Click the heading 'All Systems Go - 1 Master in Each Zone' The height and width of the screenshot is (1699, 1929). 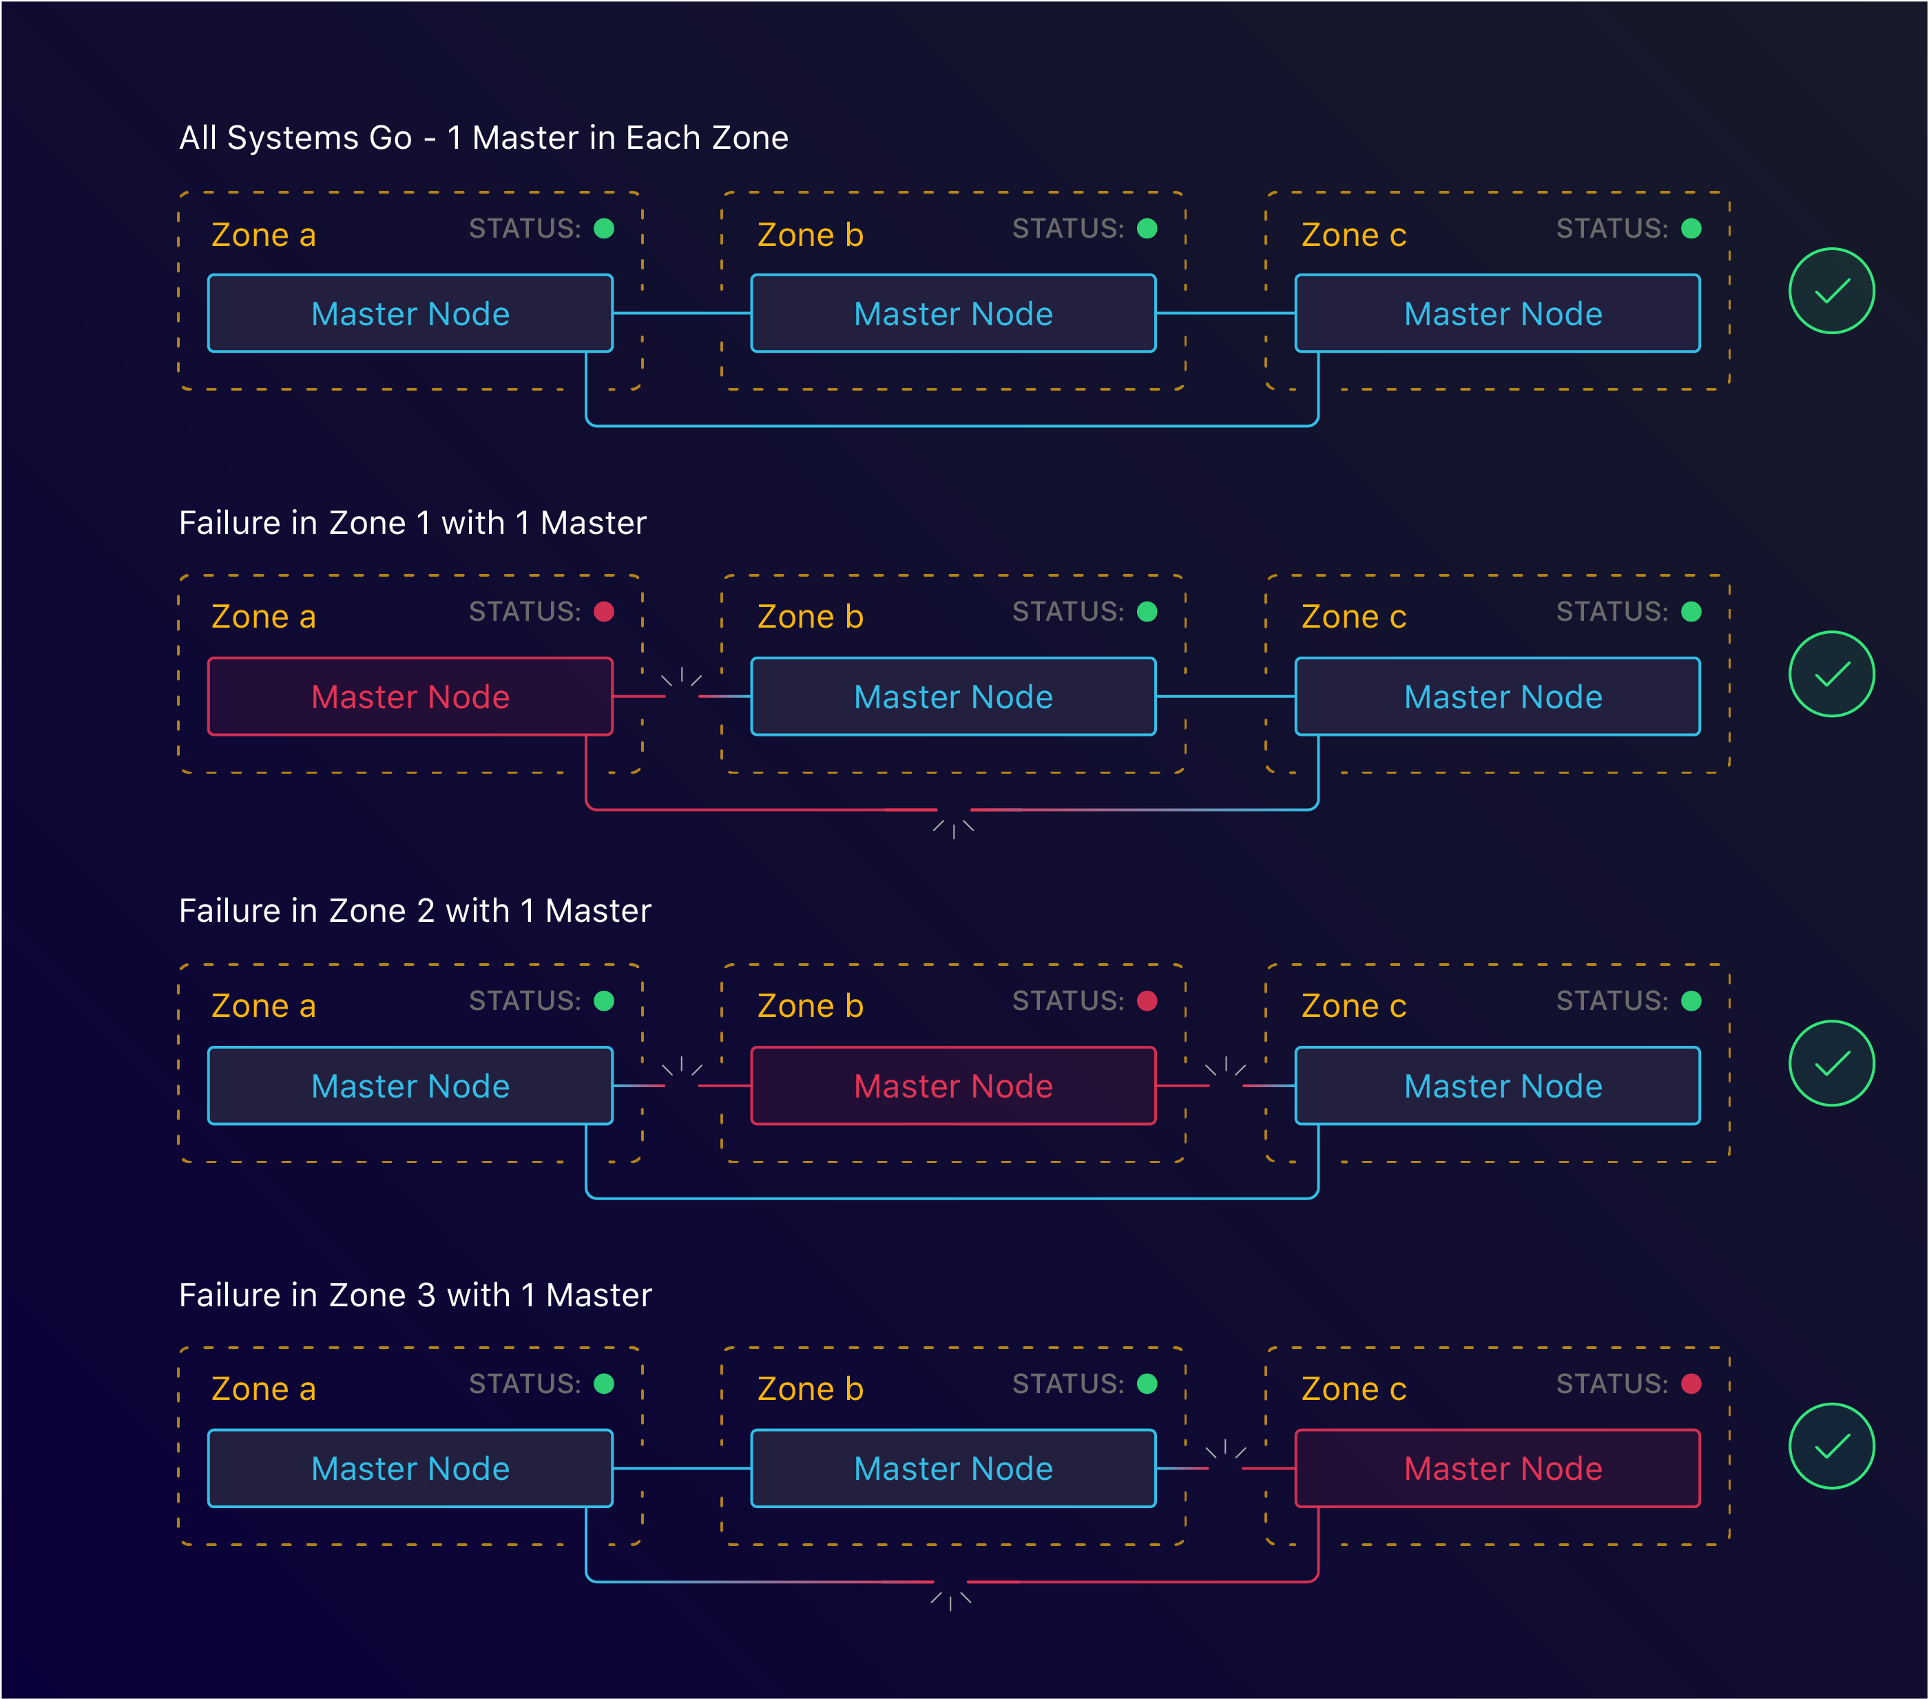coord(483,138)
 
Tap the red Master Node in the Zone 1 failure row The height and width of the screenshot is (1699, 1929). coord(410,697)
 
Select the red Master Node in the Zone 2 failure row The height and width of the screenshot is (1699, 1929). coord(953,1086)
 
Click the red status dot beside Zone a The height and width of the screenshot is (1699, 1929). coord(604,612)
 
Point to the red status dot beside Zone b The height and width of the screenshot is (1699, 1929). coord(1147,1000)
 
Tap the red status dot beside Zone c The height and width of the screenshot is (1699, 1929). coord(1691,1383)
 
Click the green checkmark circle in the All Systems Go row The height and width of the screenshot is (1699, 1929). coord(1831,291)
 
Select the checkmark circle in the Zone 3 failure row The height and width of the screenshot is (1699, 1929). coord(1831,1446)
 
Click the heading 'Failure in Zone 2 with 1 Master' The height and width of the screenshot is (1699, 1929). coord(415,911)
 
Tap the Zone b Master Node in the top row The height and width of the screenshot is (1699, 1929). coord(953,313)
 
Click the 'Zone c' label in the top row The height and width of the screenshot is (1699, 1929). coord(1353,235)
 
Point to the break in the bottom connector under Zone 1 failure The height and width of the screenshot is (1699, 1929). coord(954,812)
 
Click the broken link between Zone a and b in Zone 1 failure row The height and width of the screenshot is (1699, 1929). coord(681,694)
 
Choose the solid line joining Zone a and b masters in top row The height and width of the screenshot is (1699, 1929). coord(681,313)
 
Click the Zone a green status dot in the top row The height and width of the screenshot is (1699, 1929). coord(604,229)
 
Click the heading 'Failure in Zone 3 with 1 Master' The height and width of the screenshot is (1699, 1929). coord(415,1295)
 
